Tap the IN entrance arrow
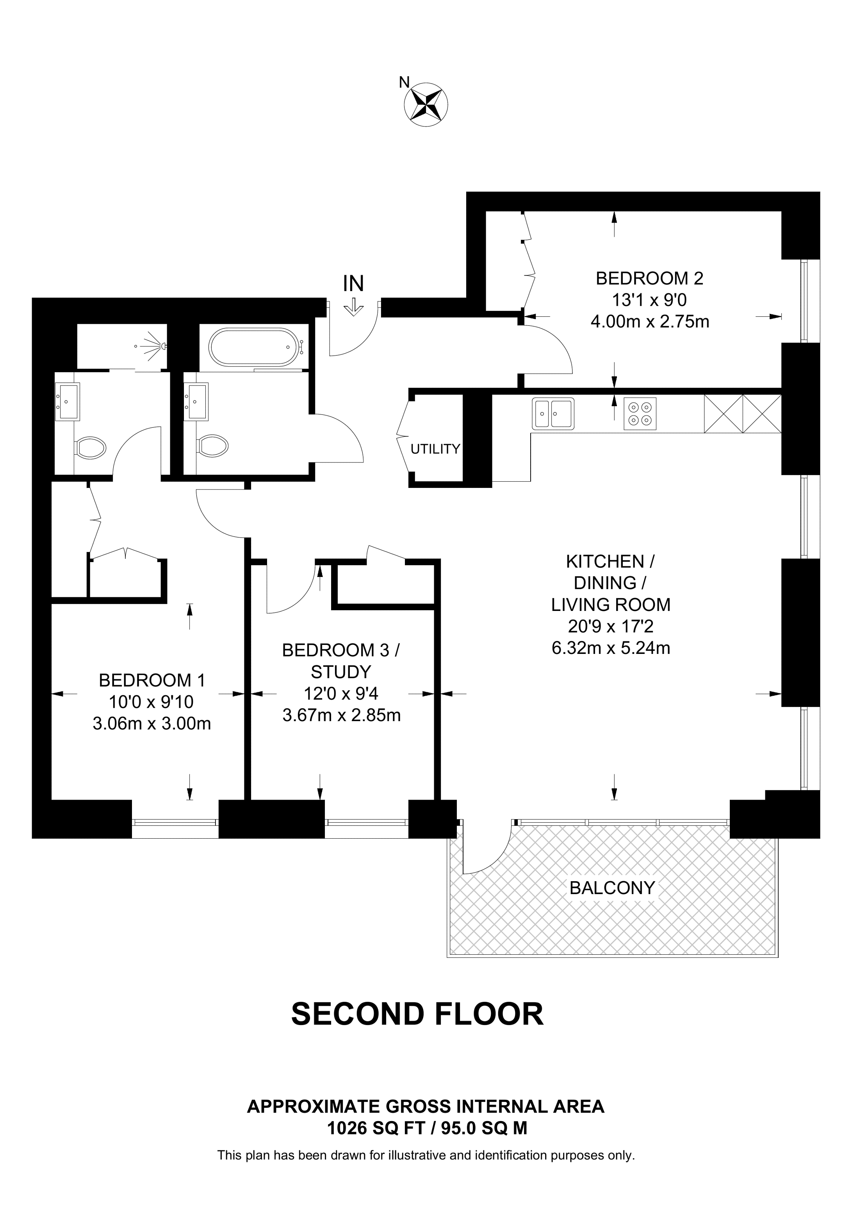pos(353,308)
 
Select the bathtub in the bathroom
pos(255,347)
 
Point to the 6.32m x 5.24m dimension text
pos(611,648)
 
